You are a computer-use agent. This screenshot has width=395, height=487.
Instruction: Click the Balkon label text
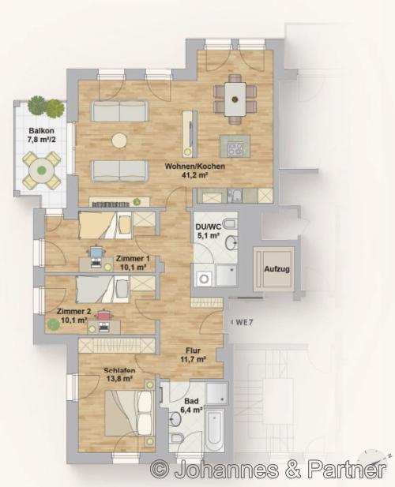click(41, 131)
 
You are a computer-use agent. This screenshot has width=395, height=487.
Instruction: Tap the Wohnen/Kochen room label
click(194, 167)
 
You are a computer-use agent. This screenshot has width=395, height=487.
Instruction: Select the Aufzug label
click(277, 269)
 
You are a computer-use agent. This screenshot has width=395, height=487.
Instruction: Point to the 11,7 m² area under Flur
click(193, 359)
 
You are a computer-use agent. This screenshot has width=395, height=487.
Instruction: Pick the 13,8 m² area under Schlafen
click(119, 379)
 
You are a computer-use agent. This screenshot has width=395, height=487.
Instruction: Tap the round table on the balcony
click(41, 170)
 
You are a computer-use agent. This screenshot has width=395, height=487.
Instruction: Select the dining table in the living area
click(235, 99)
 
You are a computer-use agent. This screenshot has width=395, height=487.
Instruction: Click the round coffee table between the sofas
click(119, 140)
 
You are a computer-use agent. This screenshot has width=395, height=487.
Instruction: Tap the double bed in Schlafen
click(130, 414)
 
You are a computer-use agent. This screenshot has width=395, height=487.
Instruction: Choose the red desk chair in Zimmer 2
click(103, 316)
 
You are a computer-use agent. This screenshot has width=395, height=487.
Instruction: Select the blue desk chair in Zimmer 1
click(96, 251)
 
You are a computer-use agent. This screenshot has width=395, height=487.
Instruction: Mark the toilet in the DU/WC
click(231, 223)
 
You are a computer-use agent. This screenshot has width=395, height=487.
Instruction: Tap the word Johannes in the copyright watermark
click(227, 470)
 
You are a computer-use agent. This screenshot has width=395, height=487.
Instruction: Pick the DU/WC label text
click(208, 227)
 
